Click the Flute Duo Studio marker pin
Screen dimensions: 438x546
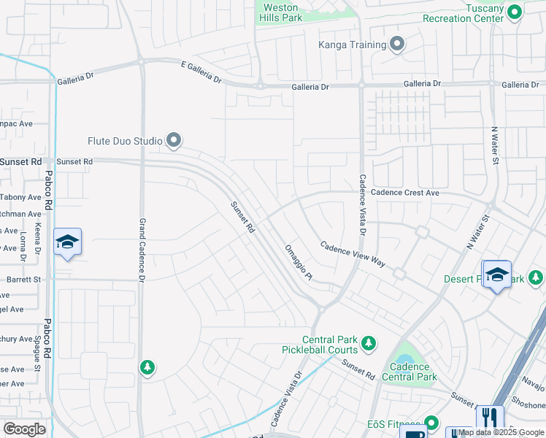[x=174, y=139]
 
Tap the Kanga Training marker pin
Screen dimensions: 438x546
[x=397, y=45]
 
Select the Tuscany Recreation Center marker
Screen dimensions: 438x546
[x=515, y=12]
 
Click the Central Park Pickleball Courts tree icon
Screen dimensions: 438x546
[x=369, y=342]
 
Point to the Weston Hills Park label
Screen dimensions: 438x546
[x=280, y=12]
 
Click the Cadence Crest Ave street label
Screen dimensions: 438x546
[x=405, y=193]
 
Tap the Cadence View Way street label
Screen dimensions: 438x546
[x=353, y=255]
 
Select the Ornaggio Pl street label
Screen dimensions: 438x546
[x=299, y=261]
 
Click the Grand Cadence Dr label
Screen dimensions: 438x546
[x=143, y=248]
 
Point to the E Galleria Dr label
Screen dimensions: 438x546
[x=201, y=74]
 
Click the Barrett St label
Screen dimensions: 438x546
[x=24, y=279]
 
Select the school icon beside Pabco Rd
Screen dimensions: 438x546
[x=67, y=242]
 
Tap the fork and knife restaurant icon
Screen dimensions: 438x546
[x=489, y=418]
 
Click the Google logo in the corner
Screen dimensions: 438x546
[x=25, y=429]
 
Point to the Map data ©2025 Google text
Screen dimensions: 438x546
[x=501, y=433]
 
